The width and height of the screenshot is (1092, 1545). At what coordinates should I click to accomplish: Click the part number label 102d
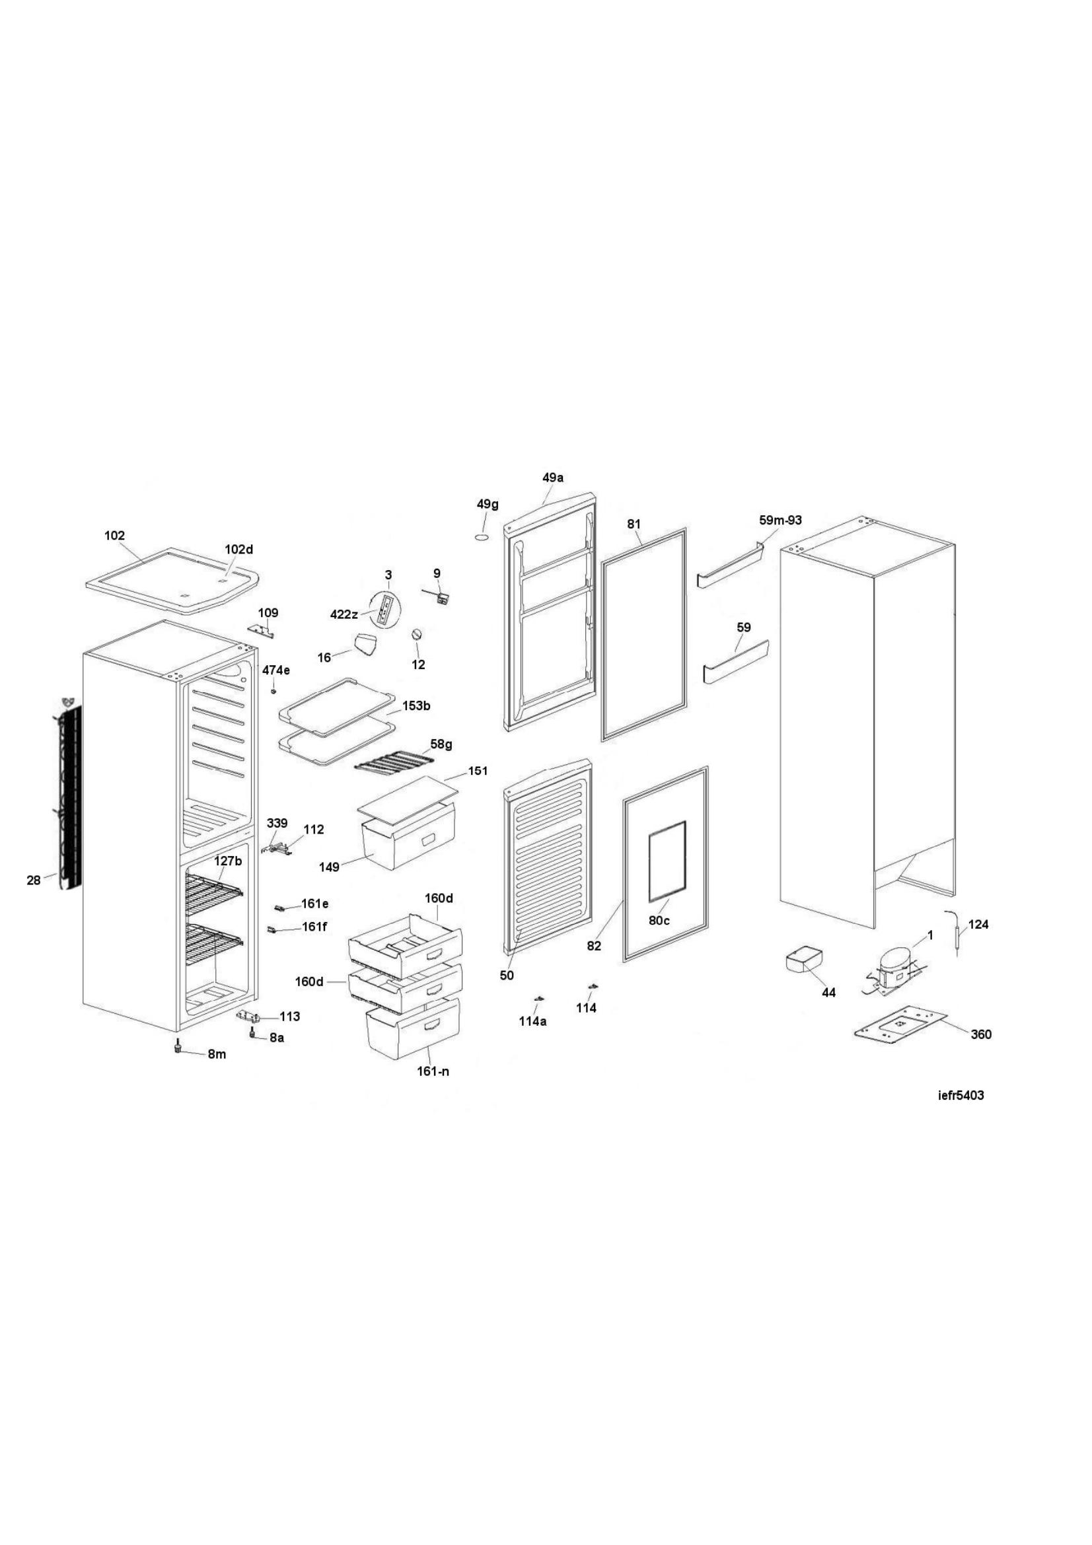(239, 549)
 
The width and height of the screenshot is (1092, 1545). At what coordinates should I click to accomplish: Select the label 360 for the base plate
(982, 1034)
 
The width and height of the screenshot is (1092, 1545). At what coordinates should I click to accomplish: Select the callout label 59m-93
(780, 520)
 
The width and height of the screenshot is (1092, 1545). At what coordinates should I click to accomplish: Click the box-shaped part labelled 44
(805, 958)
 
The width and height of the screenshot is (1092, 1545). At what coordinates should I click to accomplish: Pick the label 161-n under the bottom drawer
(433, 1071)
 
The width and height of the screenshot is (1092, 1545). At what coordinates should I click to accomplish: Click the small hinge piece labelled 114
(592, 986)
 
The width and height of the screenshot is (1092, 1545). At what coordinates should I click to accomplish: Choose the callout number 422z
(344, 614)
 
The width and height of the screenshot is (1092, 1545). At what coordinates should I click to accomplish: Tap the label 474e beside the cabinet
(276, 670)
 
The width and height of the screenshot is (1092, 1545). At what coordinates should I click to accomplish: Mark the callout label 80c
(659, 920)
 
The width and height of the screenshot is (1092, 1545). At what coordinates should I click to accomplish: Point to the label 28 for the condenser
(34, 879)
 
